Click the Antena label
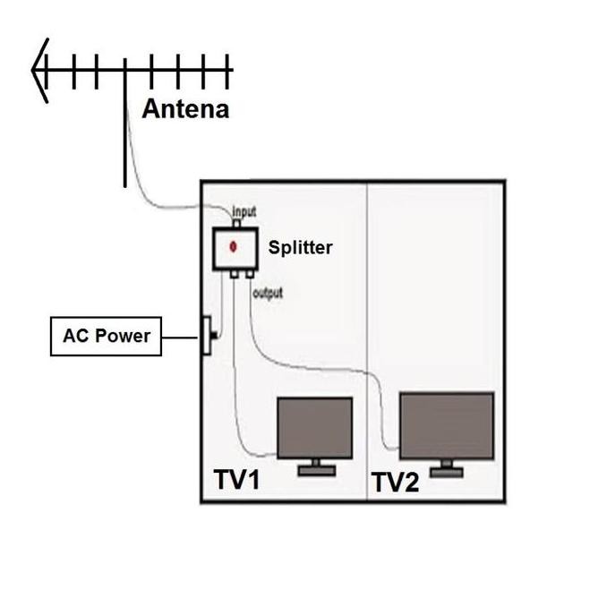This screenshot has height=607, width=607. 185,109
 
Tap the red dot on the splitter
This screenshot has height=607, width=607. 234,245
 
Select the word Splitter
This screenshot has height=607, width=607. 300,247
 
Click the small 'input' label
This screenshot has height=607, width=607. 244,212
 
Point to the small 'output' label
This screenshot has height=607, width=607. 268,293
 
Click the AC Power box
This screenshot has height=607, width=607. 106,338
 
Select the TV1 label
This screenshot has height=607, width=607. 236,480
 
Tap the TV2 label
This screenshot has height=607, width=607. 395,483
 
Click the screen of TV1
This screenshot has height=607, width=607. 314,428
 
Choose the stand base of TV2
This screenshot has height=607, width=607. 446,471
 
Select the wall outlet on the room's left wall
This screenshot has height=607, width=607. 206,336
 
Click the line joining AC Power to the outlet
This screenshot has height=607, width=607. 182,338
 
